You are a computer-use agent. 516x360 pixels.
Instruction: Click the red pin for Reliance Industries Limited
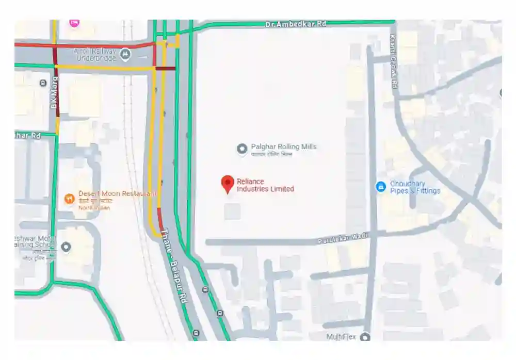tap(228, 184)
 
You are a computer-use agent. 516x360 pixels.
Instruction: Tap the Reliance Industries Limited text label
tap(265, 185)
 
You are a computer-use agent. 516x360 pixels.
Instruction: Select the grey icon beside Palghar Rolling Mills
tap(241, 149)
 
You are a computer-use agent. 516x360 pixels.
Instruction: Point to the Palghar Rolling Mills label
tap(283, 147)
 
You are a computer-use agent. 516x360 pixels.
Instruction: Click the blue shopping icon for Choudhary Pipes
tap(381, 187)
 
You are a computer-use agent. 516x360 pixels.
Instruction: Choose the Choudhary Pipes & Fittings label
tap(415, 187)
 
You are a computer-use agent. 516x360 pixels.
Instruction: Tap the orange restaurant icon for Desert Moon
tap(69, 198)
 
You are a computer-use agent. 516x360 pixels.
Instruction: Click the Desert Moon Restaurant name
tap(117, 193)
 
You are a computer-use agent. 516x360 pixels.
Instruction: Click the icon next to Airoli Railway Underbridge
tap(125, 53)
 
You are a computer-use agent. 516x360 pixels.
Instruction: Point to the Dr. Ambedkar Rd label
tap(296, 24)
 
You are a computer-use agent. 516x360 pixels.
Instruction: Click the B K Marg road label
tap(54, 93)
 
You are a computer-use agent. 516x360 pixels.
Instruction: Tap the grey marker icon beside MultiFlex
tap(365, 337)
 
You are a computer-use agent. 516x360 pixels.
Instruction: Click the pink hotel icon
tap(74, 23)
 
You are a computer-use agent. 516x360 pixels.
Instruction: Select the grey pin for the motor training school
tap(66, 247)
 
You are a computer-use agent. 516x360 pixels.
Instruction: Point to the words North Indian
tap(94, 207)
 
